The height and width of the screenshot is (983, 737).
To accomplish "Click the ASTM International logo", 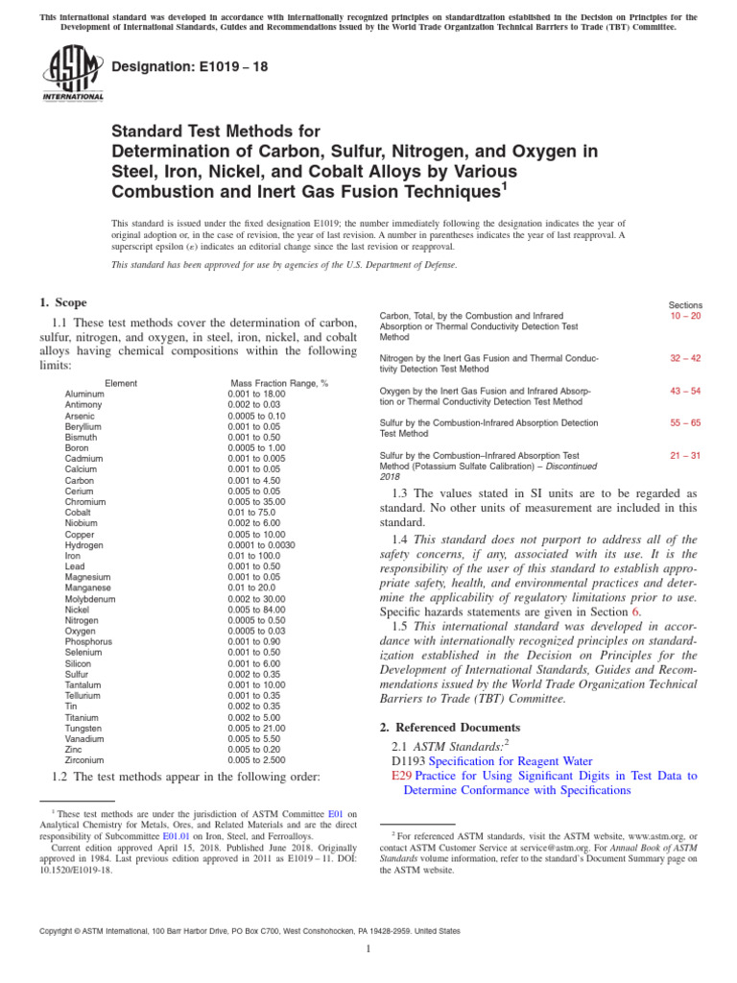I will tap(72, 75).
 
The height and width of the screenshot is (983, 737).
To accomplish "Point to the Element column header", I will tap(121, 383).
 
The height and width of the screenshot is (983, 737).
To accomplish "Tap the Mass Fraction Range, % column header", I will tap(278, 383).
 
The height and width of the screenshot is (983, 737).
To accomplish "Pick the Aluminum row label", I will tap(85, 395).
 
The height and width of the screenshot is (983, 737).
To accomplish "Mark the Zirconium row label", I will tap(86, 758).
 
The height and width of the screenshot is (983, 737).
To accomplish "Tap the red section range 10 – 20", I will tap(686, 315).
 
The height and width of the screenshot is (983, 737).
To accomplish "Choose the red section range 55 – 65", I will tap(686, 422).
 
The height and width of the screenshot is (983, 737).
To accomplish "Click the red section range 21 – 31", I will tap(686, 455).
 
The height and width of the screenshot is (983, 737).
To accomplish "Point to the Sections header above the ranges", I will tap(685, 304).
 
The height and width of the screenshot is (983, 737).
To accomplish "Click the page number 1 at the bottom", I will tap(368, 948).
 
